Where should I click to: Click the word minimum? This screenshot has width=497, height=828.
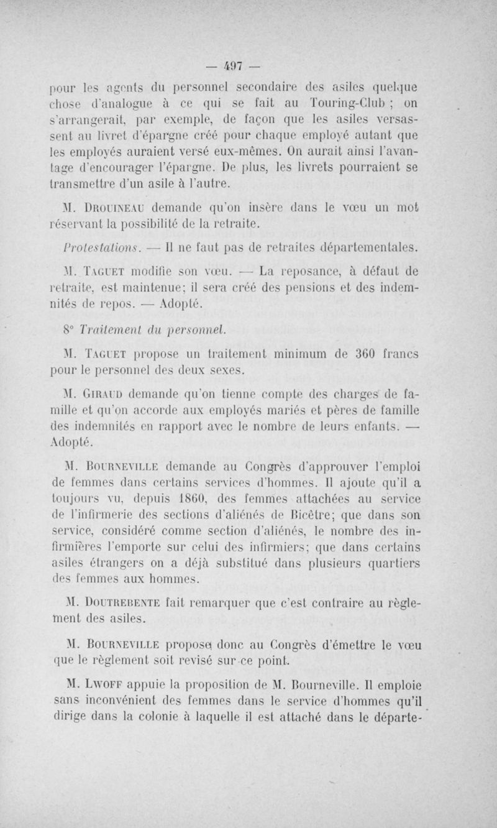[291, 354]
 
